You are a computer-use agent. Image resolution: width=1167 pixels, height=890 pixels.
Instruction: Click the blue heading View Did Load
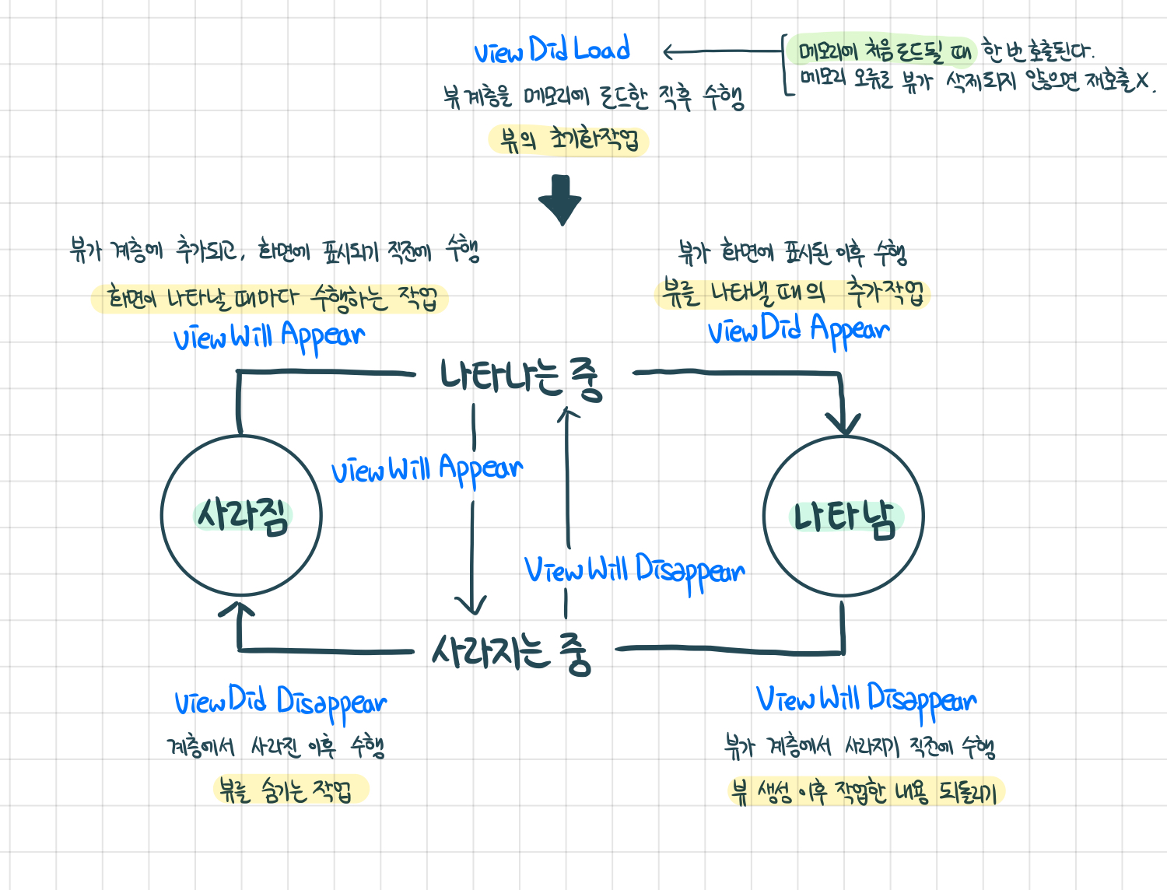pos(552,50)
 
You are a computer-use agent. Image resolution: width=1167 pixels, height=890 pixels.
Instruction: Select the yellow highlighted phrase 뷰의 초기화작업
pos(569,140)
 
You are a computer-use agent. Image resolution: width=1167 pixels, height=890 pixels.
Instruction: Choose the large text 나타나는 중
pos(520,377)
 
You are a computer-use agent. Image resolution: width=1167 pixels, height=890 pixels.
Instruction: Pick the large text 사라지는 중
pos(511,653)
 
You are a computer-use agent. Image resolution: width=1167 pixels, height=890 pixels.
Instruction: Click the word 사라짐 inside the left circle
pos(242,515)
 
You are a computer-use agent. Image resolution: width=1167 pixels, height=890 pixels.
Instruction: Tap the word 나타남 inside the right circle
pos(845,519)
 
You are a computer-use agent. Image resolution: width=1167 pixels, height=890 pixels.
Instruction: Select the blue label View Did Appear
pos(798,330)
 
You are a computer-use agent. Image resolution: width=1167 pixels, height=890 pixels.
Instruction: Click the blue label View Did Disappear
pos(280,703)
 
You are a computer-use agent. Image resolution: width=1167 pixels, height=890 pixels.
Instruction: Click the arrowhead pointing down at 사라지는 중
pos(471,606)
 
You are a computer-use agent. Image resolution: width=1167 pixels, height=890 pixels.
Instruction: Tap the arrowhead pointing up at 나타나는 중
pos(568,414)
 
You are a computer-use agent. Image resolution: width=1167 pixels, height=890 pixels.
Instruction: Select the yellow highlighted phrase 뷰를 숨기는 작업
pos(290,790)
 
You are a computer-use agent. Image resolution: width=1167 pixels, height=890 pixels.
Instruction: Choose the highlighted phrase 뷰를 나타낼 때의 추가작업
pos(792,293)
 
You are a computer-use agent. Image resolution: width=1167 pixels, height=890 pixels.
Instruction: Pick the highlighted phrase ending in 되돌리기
pos(866,791)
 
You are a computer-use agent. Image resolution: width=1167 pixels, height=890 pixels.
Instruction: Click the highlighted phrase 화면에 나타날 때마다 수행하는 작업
pos(270,298)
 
